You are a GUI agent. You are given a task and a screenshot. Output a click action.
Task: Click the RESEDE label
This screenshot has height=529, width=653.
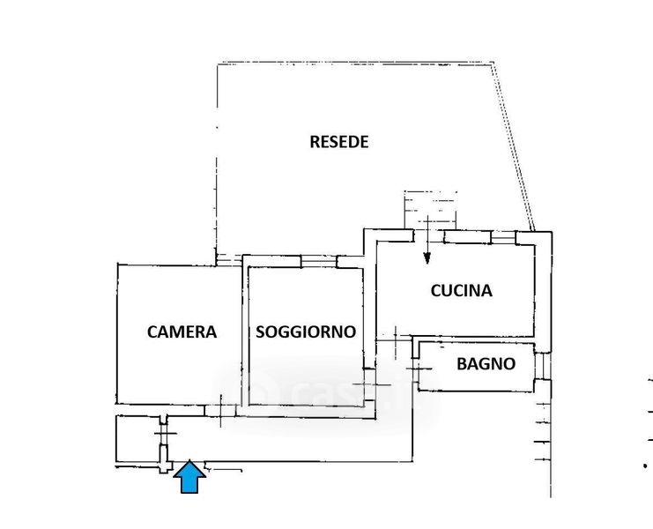[x=338, y=141]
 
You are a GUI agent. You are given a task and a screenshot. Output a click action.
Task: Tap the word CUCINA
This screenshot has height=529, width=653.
[x=461, y=290]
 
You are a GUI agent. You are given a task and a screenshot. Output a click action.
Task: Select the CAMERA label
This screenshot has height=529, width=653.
[x=182, y=332]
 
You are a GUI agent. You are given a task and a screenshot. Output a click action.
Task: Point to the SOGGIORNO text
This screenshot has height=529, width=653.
[x=306, y=332]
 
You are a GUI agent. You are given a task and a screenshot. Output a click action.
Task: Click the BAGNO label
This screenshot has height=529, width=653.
[x=486, y=362]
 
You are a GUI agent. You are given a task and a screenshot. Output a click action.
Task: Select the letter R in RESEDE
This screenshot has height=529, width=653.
[x=315, y=141]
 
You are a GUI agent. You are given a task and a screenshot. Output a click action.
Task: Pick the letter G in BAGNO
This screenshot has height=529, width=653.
[x=485, y=362]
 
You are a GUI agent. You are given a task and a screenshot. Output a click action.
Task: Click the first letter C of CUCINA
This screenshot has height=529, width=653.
[x=436, y=290]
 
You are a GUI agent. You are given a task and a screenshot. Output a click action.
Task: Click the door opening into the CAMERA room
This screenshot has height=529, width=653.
[x=220, y=406]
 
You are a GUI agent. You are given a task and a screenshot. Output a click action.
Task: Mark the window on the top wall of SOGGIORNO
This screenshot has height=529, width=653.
[x=318, y=261]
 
